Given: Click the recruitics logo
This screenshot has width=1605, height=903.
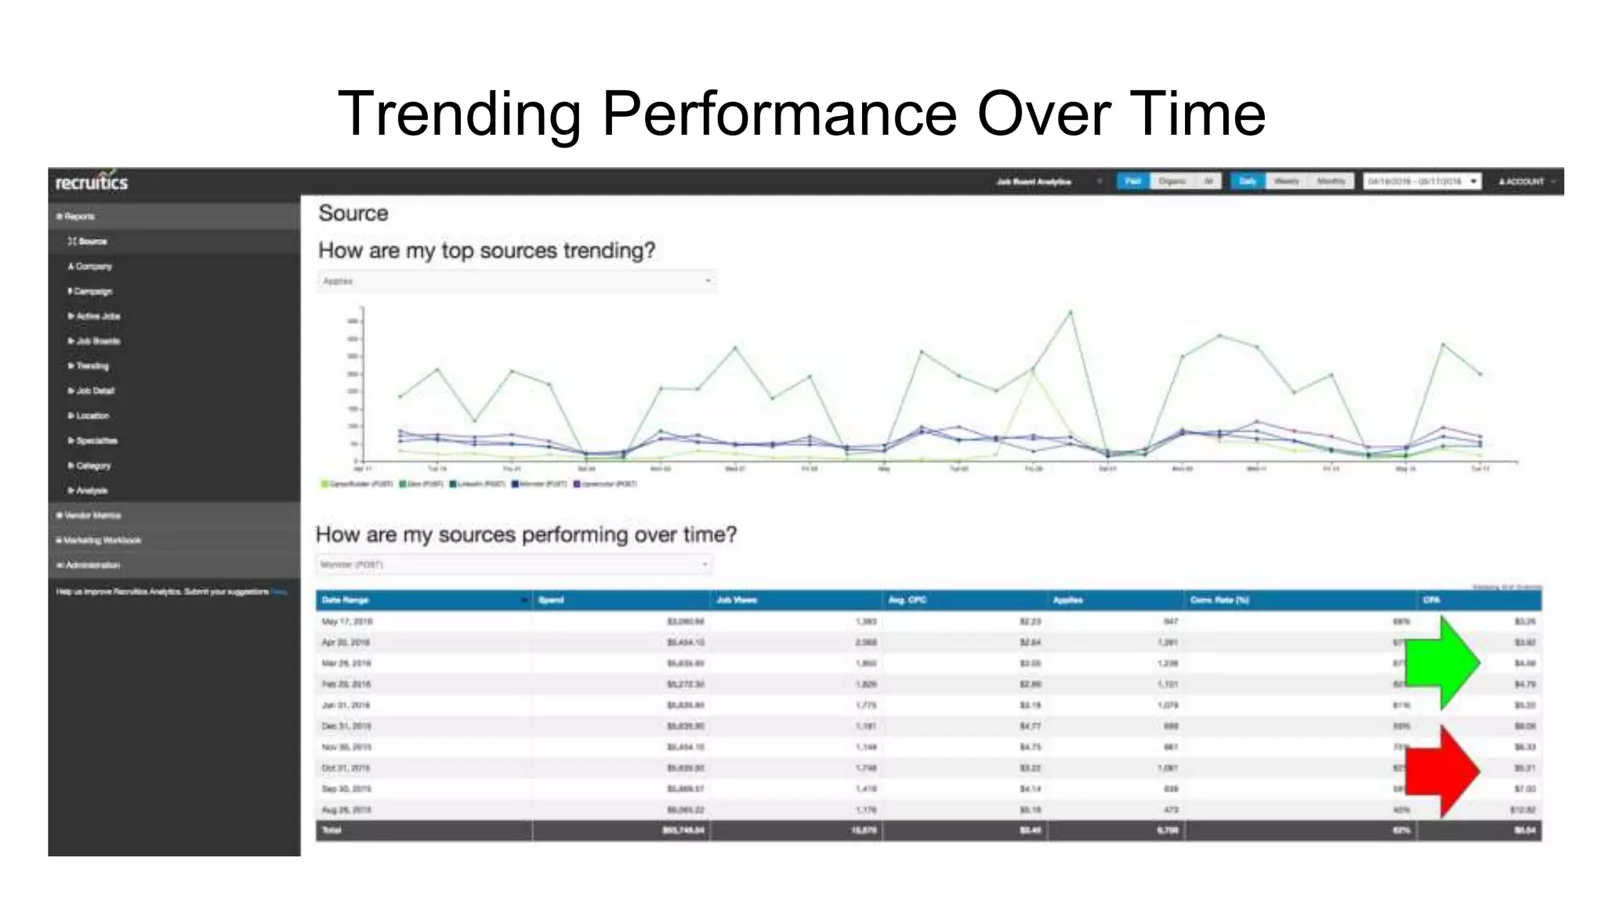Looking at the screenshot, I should (x=92, y=182).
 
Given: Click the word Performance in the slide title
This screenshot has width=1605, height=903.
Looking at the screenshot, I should (x=779, y=114).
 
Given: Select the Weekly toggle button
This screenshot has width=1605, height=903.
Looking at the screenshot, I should (x=1286, y=181).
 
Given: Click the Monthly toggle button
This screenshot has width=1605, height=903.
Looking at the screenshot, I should (x=1331, y=181).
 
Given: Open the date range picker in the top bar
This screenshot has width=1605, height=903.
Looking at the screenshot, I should (x=1422, y=181).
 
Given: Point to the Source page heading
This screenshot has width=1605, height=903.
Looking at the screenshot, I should (x=353, y=213).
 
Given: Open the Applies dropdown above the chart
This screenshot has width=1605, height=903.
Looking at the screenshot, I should (x=516, y=281).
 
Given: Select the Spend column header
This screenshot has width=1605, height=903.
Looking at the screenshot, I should (x=552, y=600).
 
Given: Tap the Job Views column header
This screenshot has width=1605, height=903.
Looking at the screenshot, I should (x=737, y=600).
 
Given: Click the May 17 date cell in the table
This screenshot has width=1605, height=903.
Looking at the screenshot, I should (x=347, y=622).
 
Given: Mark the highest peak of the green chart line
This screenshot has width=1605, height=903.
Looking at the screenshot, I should (x=1071, y=312).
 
